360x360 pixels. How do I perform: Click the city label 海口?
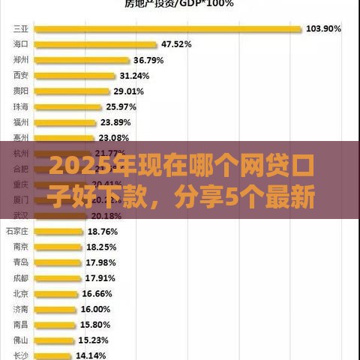click(21, 45)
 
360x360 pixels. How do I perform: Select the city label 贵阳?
click(21, 91)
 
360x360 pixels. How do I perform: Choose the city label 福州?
click(21, 122)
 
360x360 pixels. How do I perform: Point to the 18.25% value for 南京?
click(102, 247)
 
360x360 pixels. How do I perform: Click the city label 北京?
click(21, 294)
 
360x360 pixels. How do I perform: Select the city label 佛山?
click(21, 340)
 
